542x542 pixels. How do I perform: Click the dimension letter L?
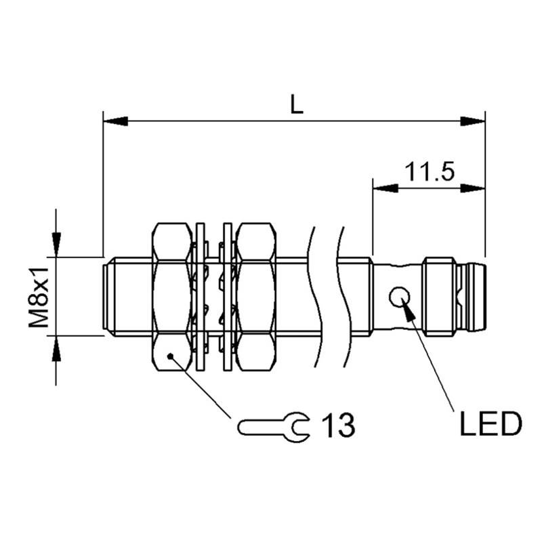click(x=297, y=104)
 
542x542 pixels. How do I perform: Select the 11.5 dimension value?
click(x=430, y=172)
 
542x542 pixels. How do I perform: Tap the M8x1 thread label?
click(x=39, y=297)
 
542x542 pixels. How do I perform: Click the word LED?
click(x=491, y=424)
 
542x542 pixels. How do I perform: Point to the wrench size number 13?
click(x=338, y=425)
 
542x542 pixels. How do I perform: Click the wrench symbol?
click(x=274, y=428)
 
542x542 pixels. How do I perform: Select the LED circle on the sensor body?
click(x=400, y=297)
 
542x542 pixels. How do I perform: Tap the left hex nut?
click(x=172, y=297)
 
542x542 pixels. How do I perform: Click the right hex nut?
click(x=256, y=297)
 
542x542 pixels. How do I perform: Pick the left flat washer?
click(x=200, y=297)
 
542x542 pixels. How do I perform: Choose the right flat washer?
click(x=228, y=297)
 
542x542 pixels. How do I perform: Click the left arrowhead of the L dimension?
click(x=115, y=121)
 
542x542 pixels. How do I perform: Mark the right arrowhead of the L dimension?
click(x=473, y=121)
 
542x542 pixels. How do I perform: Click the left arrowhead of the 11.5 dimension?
click(x=385, y=188)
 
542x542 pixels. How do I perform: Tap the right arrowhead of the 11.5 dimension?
click(x=473, y=188)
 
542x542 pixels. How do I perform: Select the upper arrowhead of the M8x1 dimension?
click(x=56, y=245)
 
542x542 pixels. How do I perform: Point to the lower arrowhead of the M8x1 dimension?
click(x=56, y=348)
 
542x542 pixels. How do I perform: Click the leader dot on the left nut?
click(x=170, y=356)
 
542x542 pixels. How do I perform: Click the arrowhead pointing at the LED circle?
click(x=409, y=310)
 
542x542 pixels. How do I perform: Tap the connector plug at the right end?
click(x=471, y=297)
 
